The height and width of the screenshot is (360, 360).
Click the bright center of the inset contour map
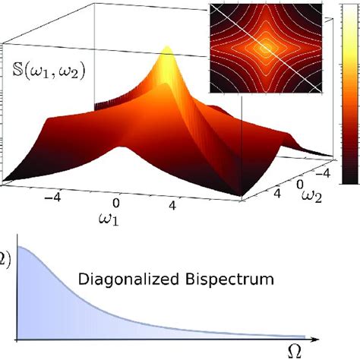(267, 47)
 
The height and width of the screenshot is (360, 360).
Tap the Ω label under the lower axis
(298, 351)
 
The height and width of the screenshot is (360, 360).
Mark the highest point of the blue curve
(18, 247)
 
